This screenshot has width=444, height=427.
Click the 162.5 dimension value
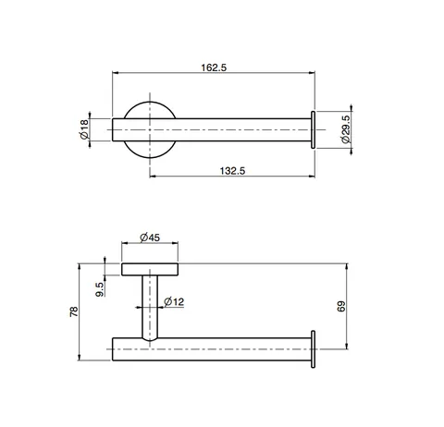tap(214, 67)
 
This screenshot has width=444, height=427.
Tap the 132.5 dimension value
tap(232, 171)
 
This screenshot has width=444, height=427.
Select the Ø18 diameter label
tap(84, 129)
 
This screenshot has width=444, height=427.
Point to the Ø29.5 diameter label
tap(346, 129)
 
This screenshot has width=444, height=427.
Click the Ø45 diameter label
tap(150, 238)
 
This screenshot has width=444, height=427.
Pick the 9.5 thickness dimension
tap(100, 289)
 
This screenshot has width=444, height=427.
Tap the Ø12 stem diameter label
tap(174, 301)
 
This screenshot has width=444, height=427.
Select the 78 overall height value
tap(74, 311)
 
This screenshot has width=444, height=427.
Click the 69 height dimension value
tap(341, 307)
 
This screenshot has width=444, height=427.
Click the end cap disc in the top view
tap(313, 129)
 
